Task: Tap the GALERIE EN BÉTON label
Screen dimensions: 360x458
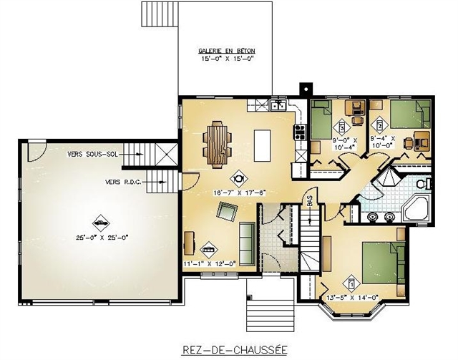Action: [x=227, y=52]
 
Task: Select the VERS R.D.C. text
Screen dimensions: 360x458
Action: [x=123, y=182]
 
